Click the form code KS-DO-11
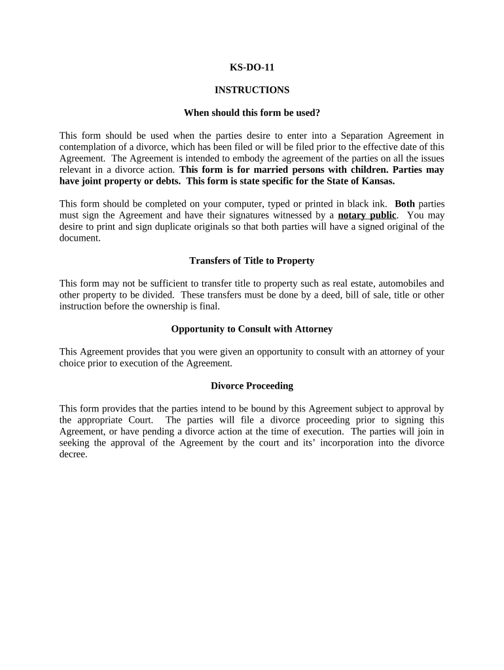tap(251, 67)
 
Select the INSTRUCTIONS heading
tap(251, 90)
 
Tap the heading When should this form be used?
tap(251, 113)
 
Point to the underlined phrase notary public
tap(367, 215)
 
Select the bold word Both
tap(405, 203)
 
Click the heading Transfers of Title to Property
tap(251, 260)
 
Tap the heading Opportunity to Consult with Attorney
tap(251, 328)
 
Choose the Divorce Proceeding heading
tap(251, 385)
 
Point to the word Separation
tap(360, 135)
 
